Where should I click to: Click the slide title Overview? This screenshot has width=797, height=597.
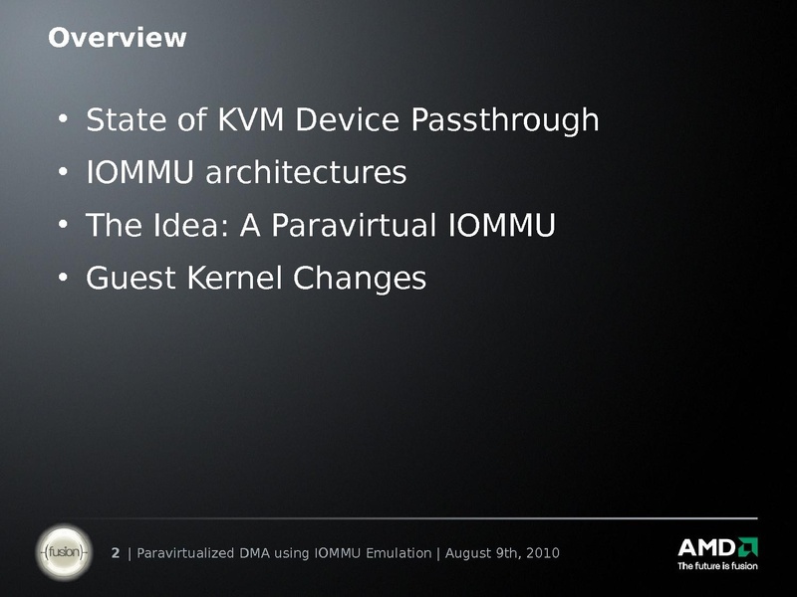click(x=118, y=38)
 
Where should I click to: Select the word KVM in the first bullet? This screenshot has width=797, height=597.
click(x=251, y=119)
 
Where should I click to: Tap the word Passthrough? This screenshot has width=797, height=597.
click(x=505, y=120)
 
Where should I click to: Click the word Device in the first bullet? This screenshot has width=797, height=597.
click(x=348, y=119)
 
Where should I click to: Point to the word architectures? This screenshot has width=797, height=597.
click(x=306, y=172)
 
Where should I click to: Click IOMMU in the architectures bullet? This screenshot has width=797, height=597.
click(x=139, y=172)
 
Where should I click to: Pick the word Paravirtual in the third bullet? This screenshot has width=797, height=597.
click(x=354, y=225)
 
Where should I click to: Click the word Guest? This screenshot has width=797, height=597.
click(x=131, y=279)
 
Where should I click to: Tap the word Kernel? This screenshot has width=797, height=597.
click(x=234, y=278)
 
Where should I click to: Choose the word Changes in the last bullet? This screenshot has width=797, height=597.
click(x=360, y=280)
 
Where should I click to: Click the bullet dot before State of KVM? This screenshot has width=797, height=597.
click(x=63, y=118)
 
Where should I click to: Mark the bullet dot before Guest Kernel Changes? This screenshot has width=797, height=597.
click(x=63, y=278)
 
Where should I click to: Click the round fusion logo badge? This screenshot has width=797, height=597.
click(x=64, y=552)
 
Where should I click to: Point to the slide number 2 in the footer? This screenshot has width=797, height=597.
click(x=116, y=553)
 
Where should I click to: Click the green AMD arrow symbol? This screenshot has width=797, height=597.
click(x=748, y=546)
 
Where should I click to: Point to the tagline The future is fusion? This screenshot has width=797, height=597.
click(x=717, y=566)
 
